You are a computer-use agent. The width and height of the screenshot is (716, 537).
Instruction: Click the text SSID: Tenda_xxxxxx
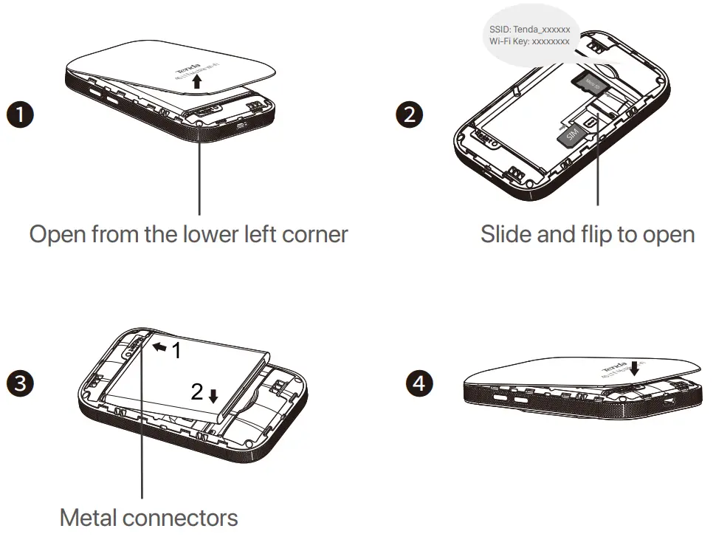coord(529,29)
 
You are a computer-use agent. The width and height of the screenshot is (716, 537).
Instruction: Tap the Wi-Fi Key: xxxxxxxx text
coord(529,42)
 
